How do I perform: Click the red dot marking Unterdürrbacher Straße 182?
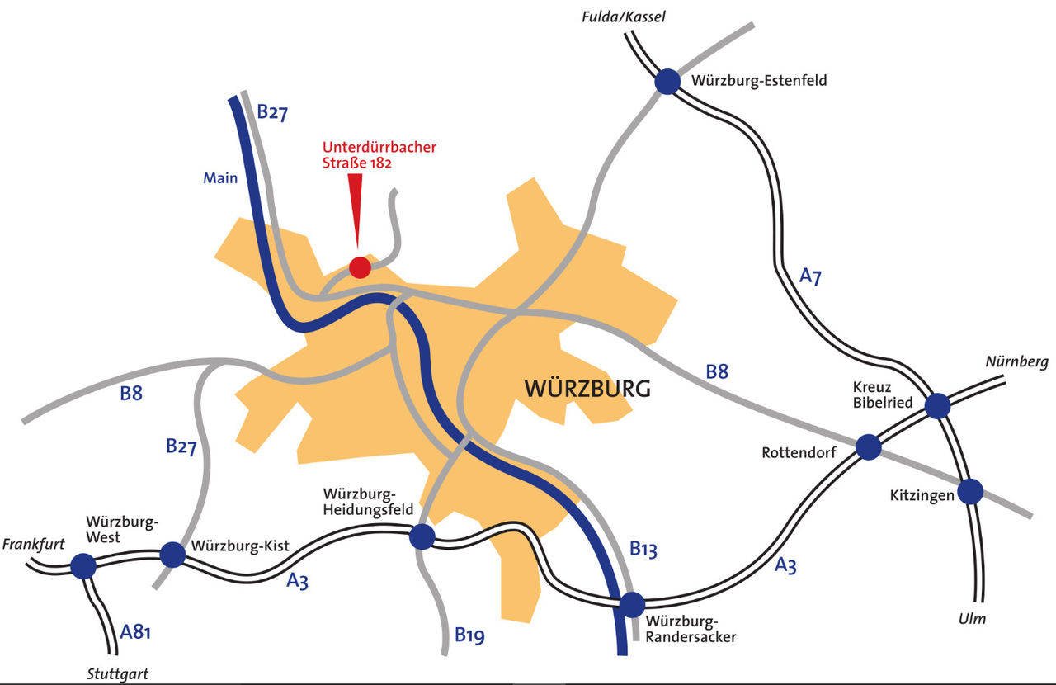[x=360, y=267]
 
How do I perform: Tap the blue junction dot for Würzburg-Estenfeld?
[x=667, y=82]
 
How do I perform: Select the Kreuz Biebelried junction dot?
[x=937, y=405]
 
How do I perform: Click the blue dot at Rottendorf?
[x=869, y=446]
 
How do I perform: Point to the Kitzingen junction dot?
[x=970, y=492]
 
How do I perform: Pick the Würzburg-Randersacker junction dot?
[x=632, y=605]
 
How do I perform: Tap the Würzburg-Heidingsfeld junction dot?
[x=422, y=537]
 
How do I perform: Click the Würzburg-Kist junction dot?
[x=172, y=555]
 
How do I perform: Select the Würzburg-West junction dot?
[x=83, y=566]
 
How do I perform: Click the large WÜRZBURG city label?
[x=587, y=389]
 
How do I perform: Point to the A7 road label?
[x=810, y=276]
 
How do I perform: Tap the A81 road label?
[x=136, y=633]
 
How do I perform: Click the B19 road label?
[x=470, y=635]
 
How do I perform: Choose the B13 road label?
[x=643, y=549]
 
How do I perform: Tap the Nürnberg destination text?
[x=1016, y=361]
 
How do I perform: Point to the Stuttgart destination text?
[x=118, y=674]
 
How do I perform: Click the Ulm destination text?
[x=972, y=619]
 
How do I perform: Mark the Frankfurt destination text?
[x=34, y=545]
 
